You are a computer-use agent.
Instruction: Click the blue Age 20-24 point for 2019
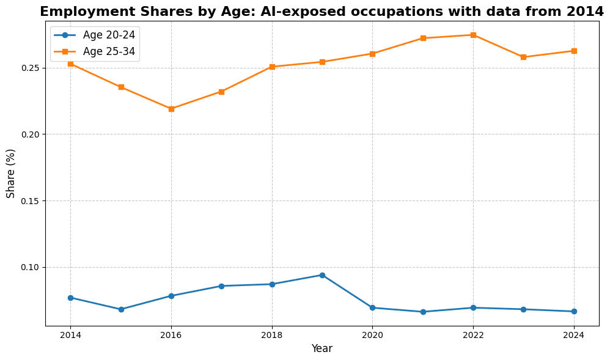[322, 275]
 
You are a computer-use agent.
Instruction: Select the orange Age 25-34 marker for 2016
[171, 109]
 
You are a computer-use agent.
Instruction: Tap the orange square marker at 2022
[473, 35]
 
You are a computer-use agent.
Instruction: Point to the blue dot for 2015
[121, 309]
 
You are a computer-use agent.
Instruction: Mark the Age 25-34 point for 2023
[523, 57]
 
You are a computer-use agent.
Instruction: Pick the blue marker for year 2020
[372, 308]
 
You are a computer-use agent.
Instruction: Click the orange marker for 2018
[272, 67]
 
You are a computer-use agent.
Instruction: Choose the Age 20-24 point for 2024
[574, 311]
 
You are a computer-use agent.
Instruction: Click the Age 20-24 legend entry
[95, 35]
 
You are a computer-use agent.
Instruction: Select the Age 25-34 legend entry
[95, 51]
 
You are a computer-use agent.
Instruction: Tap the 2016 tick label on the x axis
[171, 335]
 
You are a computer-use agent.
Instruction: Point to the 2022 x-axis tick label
[473, 335]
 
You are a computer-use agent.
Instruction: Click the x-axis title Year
[322, 348]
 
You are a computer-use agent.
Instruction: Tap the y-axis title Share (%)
[10, 174]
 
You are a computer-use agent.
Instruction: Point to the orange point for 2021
[423, 38]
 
